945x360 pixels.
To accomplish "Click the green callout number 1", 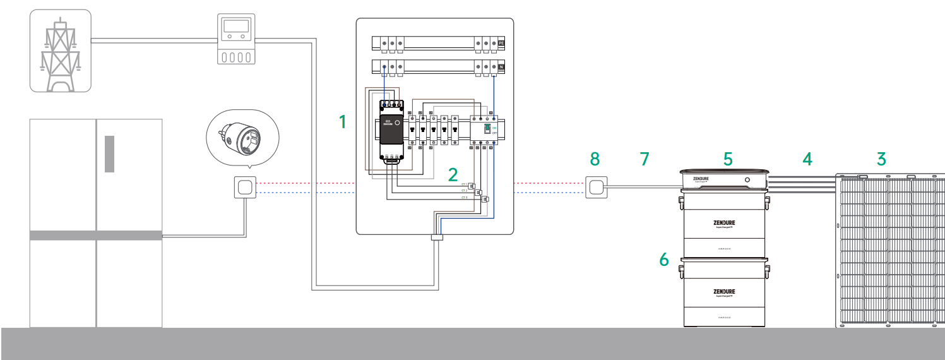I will pyautogui.click(x=343, y=121).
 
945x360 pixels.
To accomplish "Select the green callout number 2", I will pyautogui.click(x=453, y=175).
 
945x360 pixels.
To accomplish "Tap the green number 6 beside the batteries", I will pyautogui.click(x=663, y=260).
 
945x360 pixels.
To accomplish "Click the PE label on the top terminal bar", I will pyautogui.click(x=502, y=44).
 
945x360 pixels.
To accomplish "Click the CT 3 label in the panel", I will pyautogui.click(x=465, y=198).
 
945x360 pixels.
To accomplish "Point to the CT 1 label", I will pyautogui.click(x=465, y=184).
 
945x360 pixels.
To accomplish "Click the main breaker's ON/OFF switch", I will pyautogui.click(x=488, y=131).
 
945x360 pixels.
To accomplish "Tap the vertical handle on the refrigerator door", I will pyautogui.click(x=110, y=153).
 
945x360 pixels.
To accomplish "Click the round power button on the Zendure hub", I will pyautogui.click(x=747, y=180).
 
